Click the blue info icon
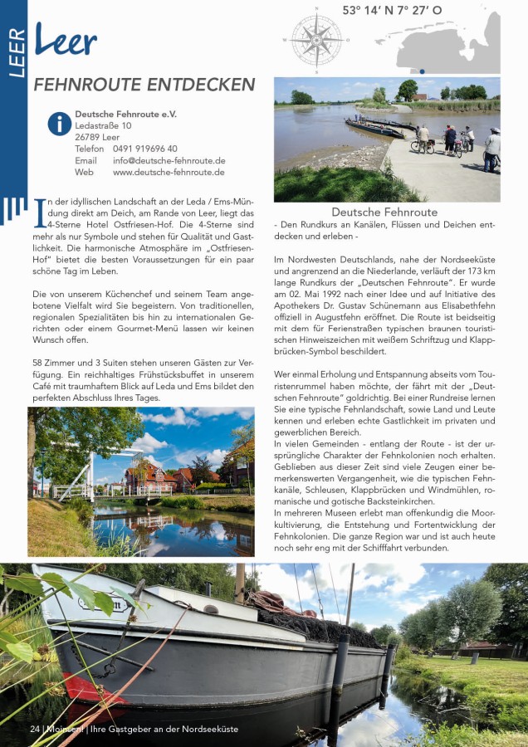click(59, 124)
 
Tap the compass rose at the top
click(316, 39)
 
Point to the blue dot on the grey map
click(423, 71)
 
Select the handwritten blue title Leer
click(66, 41)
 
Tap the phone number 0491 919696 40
click(144, 149)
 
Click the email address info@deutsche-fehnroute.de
click(169, 160)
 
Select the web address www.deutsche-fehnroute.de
click(169, 173)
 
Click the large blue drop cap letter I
click(39, 213)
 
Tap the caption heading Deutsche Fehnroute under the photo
click(384, 212)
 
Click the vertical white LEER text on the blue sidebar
click(16, 54)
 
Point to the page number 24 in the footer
click(34, 729)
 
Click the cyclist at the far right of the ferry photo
click(491, 150)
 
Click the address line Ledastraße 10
click(103, 125)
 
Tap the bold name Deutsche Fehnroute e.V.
click(125, 114)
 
